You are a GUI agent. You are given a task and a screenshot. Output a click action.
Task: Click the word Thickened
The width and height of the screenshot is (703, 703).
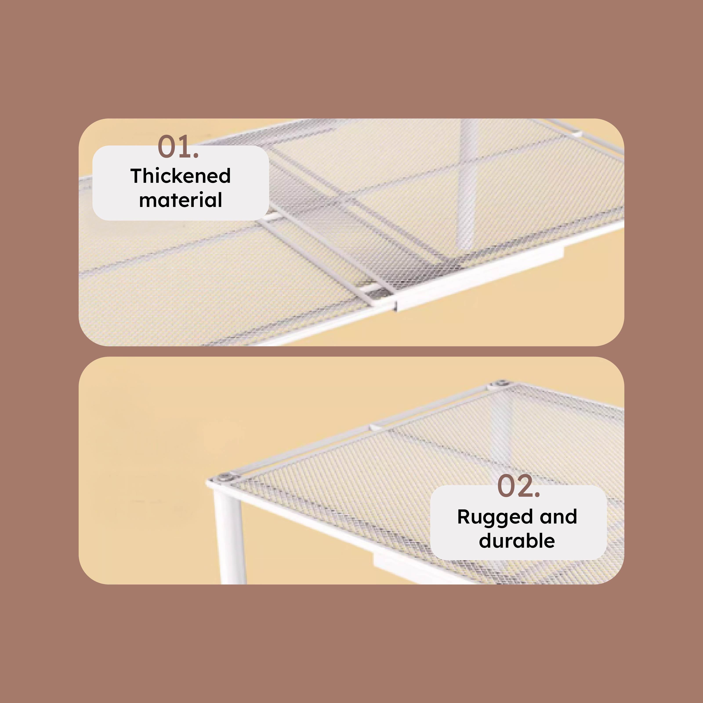point(181,176)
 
